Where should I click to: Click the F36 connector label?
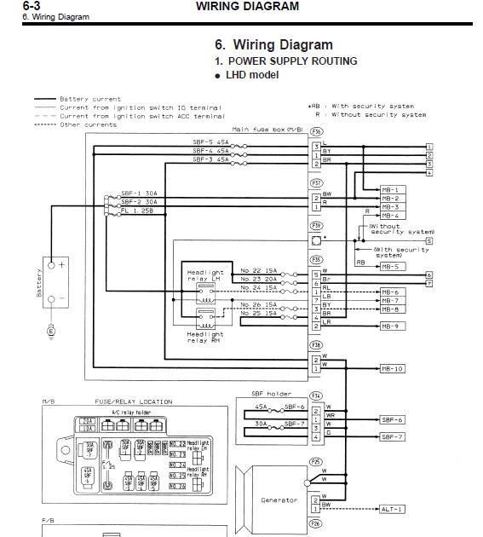point(316,132)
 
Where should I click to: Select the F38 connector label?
point(316,345)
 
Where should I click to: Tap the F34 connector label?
point(316,396)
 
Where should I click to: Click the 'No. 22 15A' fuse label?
point(258,270)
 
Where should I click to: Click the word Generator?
point(279,500)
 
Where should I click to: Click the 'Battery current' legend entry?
point(90,99)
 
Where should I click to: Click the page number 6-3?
point(32,5)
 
